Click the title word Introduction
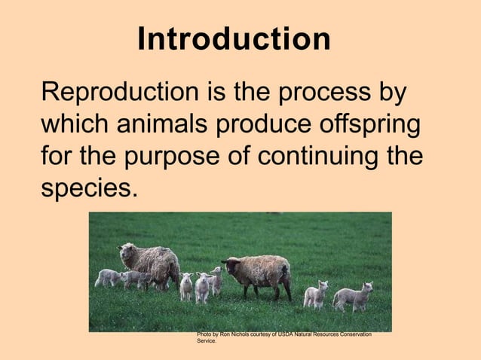pos(234,39)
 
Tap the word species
pos(89,188)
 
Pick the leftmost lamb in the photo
pos(106,277)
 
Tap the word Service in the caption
pos(207,341)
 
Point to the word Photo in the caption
pos(204,334)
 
